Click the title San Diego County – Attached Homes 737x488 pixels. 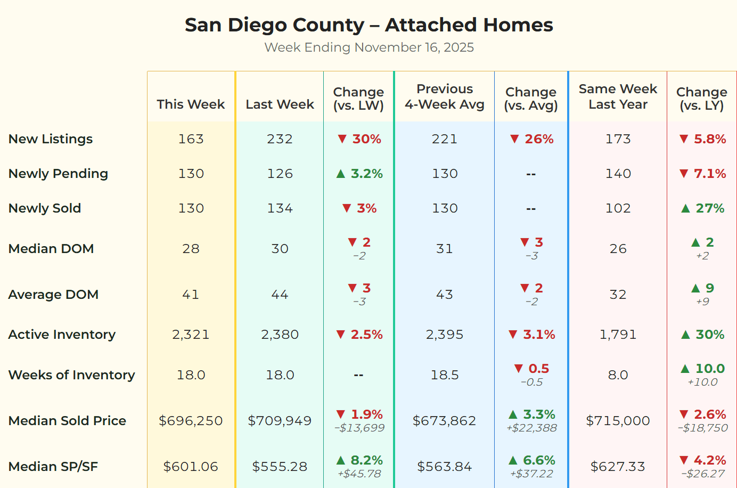tap(369, 25)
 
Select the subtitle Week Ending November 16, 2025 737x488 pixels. tap(369, 47)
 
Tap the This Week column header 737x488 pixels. tap(191, 104)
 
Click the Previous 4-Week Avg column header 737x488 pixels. tap(444, 96)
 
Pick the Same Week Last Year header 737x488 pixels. tap(618, 96)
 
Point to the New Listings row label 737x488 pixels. tap(51, 139)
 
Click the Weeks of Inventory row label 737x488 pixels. tap(72, 375)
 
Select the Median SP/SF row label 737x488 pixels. tap(53, 467)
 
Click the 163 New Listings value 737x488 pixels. tap(191, 139)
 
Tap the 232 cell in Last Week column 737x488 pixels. tap(280, 139)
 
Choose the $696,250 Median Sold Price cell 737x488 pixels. tap(191, 421)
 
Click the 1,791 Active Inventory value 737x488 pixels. tap(618, 335)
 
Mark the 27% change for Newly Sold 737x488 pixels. tap(710, 208)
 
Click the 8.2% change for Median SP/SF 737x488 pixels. tap(366, 460)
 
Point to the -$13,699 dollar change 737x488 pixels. tap(359, 428)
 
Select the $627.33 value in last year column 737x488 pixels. tap(618, 467)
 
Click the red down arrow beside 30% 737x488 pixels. tap(342, 139)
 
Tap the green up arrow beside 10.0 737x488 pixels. tap(686, 369)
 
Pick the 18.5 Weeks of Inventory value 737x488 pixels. tap(444, 375)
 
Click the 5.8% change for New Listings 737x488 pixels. tap(710, 139)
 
